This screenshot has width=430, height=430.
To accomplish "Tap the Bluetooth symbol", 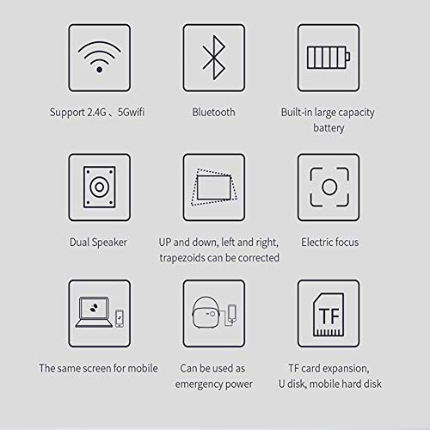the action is click(214, 58).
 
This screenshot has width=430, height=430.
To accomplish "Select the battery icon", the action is click(329, 58).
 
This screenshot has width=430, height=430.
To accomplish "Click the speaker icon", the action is click(100, 187).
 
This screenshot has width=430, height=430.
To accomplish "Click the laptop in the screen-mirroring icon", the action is click(94, 312).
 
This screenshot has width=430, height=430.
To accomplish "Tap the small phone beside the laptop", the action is click(120, 318).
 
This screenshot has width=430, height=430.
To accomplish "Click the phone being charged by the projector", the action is click(232, 314).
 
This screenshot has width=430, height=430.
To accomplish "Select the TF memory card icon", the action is click(329, 315).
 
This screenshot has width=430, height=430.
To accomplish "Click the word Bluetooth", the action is click(213, 112).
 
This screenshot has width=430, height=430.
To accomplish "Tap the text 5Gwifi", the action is click(131, 112).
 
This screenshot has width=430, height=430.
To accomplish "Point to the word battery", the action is click(329, 128).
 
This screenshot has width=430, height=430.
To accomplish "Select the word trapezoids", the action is click(182, 258).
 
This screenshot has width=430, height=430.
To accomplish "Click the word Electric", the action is click(316, 243).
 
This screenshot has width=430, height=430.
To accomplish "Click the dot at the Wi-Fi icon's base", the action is click(99, 70).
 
